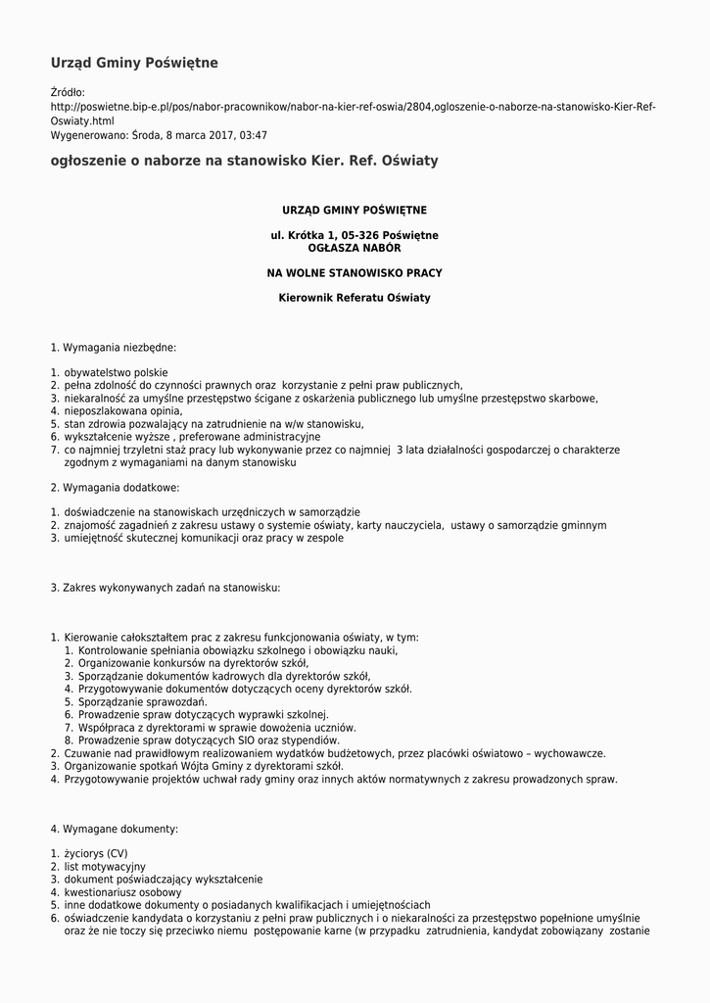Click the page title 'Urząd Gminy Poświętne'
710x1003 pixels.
(x=134, y=64)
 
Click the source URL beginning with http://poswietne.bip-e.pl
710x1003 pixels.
(x=353, y=107)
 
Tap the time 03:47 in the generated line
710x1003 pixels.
(x=254, y=136)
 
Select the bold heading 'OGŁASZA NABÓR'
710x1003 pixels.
(x=355, y=248)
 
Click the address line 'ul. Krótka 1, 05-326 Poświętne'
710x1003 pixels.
(x=355, y=235)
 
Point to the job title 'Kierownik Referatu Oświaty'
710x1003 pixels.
(x=355, y=298)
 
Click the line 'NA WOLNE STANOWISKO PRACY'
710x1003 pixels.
(x=355, y=272)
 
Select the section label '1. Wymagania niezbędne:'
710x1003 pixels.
(x=114, y=348)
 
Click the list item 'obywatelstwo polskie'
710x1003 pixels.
(x=116, y=373)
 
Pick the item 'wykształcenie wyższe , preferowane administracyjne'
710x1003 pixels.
(x=192, y=437)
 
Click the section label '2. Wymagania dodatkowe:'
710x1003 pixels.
(x=116, y=487)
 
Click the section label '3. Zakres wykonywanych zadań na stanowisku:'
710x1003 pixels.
(x=166, y=588)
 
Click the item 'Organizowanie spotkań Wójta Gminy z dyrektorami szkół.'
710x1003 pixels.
(x=204, y=766)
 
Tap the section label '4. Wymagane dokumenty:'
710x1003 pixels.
(x=115, y=829)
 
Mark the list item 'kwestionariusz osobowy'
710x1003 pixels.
(x=123, y=892)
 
